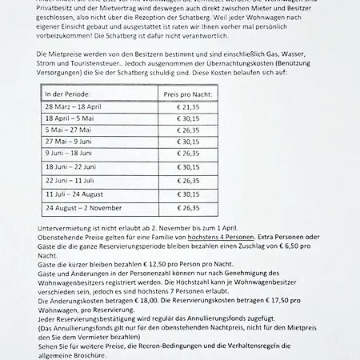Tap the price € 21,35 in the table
pos(189,106)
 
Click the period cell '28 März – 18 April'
pos(74,106)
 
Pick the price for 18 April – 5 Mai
pos(189,118)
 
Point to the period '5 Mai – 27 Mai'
pos(67,129)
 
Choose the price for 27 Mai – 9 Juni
pos(189,141)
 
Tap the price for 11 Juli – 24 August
pos(189,194)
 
